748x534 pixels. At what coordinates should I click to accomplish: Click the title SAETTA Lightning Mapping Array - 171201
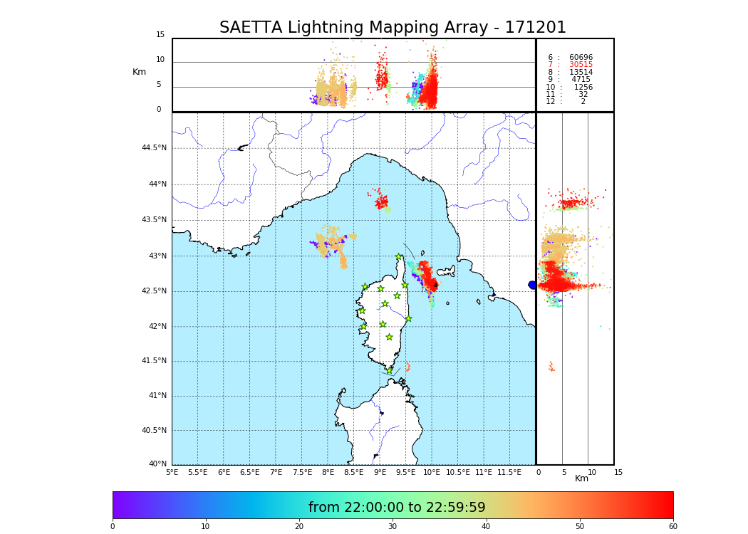click(393, 28)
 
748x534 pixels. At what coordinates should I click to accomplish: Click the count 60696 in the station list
click(581, 58)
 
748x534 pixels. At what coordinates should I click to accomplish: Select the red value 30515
click(581, 65)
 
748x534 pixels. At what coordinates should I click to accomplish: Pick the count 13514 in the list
click(581, 73)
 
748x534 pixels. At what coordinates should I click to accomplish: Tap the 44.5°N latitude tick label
click(154, 148)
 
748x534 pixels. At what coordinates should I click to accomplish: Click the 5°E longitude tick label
click(172, 472)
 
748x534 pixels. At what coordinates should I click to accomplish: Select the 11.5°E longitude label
click(509, 472)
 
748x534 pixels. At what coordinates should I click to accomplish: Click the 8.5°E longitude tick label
click(354, 472)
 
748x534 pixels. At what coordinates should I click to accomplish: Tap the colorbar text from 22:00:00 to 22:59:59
click(397, 508)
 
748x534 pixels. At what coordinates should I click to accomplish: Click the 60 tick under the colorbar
click(672, 527)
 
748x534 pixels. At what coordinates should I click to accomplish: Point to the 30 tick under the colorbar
click(393, 527)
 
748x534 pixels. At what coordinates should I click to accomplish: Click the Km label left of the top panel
click(139, 72)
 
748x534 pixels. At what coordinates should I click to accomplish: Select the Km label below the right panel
click(582, 478)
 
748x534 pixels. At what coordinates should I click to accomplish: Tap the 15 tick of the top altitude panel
click(160, 35)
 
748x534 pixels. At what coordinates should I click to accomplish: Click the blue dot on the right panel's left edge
click(532, 285)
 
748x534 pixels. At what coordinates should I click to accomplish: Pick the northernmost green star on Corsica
click(399, 257)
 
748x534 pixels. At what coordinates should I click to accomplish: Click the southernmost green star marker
click(389, 370)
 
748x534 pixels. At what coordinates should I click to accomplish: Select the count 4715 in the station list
click(581, 80)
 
